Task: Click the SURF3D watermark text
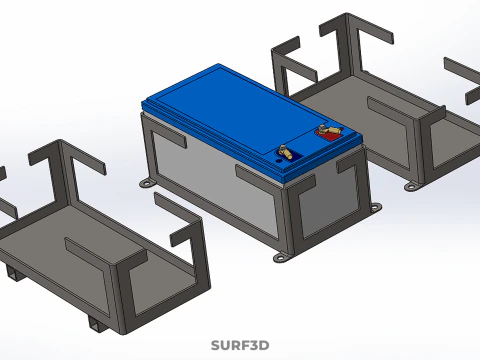coord(240,346)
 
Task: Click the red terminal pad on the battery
coord(327,129)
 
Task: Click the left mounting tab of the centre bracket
coord(147,183)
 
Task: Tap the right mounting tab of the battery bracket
coord(376,208)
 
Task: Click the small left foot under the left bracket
coord(12,272)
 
